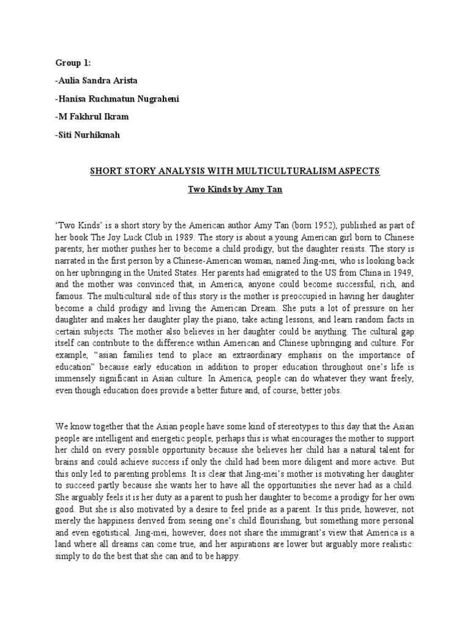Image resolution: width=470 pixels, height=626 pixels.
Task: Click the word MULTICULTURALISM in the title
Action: pyautogui.click(x=293, y=171)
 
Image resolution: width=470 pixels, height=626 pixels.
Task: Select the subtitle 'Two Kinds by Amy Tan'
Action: pyautogui.click(x=234, y=191)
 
